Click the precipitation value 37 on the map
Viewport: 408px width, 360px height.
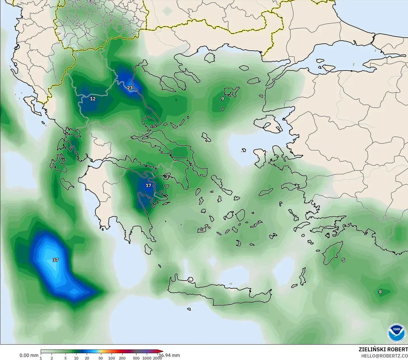click(56, 260)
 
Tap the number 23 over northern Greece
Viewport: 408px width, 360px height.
click(130, 88)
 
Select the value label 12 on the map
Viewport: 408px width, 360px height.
click(93, 99)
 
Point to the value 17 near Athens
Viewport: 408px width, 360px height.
click(148, 185)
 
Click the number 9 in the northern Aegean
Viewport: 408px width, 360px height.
click(223, 99)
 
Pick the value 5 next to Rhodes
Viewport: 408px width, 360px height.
click(343, 260)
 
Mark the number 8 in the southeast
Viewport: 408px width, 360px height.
click(380, 292)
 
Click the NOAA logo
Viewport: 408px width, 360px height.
click(397, 333)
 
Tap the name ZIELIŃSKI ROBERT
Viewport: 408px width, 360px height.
click(383, 349)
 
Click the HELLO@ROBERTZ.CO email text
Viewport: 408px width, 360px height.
click(384, 356)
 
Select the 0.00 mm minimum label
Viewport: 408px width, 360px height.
click(29, 355)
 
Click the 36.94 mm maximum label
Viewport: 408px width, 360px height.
click(169, 355)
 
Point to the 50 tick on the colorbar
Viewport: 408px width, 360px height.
click(101, 358)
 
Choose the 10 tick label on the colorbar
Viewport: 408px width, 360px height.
click(76, 358)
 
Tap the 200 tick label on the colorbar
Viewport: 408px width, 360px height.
click(122, 358)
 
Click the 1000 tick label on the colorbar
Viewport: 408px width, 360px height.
click(147, 358)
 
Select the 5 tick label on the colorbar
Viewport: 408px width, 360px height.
click(65, 358)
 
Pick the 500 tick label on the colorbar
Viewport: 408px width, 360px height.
click(136, 358)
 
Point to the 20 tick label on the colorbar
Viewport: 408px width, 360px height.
click(87, 358)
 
